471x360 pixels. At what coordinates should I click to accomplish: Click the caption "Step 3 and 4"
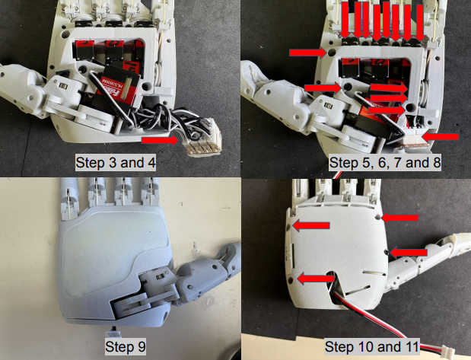(x=116, y=163)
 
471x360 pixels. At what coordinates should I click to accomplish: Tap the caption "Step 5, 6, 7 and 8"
(x=385, y=163)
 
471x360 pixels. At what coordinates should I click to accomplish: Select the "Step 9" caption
(x=126, y=346)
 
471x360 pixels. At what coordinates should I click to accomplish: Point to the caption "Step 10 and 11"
(x=371, y=346)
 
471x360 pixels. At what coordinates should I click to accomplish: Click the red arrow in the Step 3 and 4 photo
(x=160, y=140)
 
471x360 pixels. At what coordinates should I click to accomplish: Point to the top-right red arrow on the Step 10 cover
(x=399, y=218)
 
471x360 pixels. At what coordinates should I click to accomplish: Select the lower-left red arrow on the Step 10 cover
(x=316, y=279)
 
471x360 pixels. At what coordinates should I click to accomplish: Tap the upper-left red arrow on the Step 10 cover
(x=311, y=225)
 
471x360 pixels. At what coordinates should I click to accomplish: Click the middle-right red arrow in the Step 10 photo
(x=408, y=253)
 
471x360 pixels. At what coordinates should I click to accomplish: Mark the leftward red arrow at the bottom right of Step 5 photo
(x=440, y=137)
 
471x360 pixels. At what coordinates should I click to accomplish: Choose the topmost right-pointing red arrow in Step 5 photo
(x=308, y=53)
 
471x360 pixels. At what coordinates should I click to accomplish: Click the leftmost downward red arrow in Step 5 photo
(x=346, y=20)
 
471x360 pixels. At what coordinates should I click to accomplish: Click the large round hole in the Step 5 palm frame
(x=410, y=107)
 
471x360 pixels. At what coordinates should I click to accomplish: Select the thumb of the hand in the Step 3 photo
(x=27, y=87)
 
